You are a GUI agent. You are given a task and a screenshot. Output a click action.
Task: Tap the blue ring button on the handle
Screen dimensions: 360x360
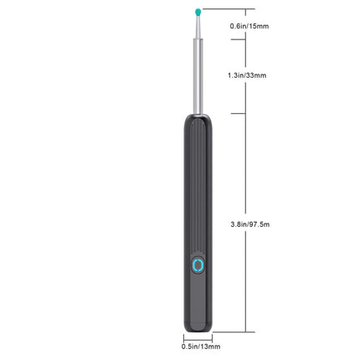tap(198, 266)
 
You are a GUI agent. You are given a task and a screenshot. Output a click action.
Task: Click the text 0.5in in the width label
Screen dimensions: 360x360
tap(188, 344)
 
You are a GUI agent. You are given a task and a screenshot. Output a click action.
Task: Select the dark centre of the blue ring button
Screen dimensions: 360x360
tap(198, 267)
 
